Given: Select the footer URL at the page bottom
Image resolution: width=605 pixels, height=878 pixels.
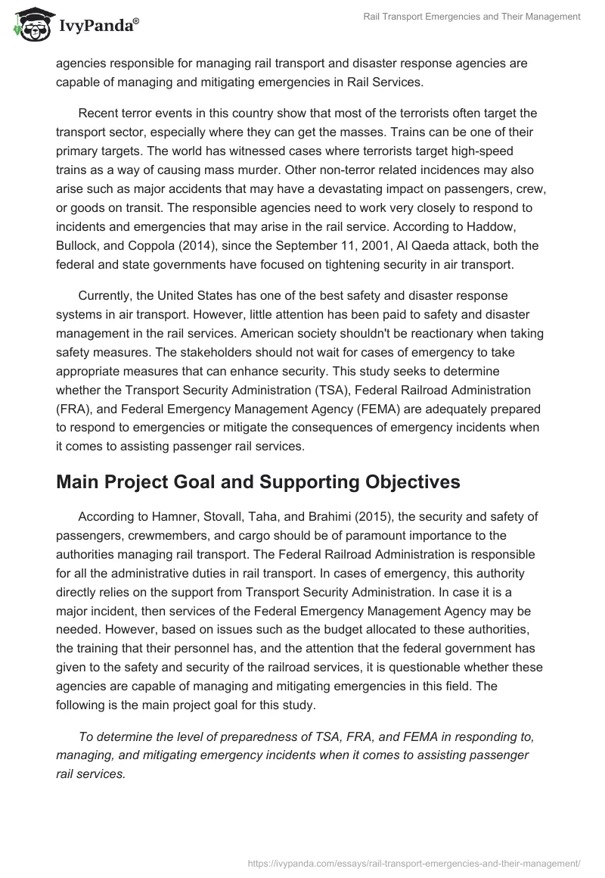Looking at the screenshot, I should point(414,861).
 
